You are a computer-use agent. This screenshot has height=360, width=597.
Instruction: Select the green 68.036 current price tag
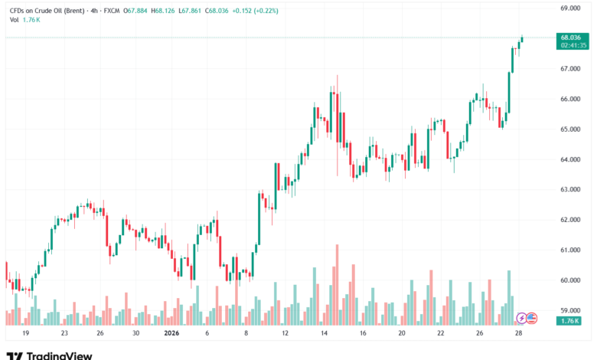tap(572, 37)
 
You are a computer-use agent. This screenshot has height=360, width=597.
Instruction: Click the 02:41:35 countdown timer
tap(572, 45)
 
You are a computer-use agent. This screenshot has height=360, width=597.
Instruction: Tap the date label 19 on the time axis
tap(25, 334)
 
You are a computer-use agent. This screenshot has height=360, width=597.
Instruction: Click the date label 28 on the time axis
tap(520, 334)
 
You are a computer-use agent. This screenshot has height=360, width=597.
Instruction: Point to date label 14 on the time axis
tap(324, 334)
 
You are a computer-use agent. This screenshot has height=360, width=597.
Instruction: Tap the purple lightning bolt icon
tap(522, 317)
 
